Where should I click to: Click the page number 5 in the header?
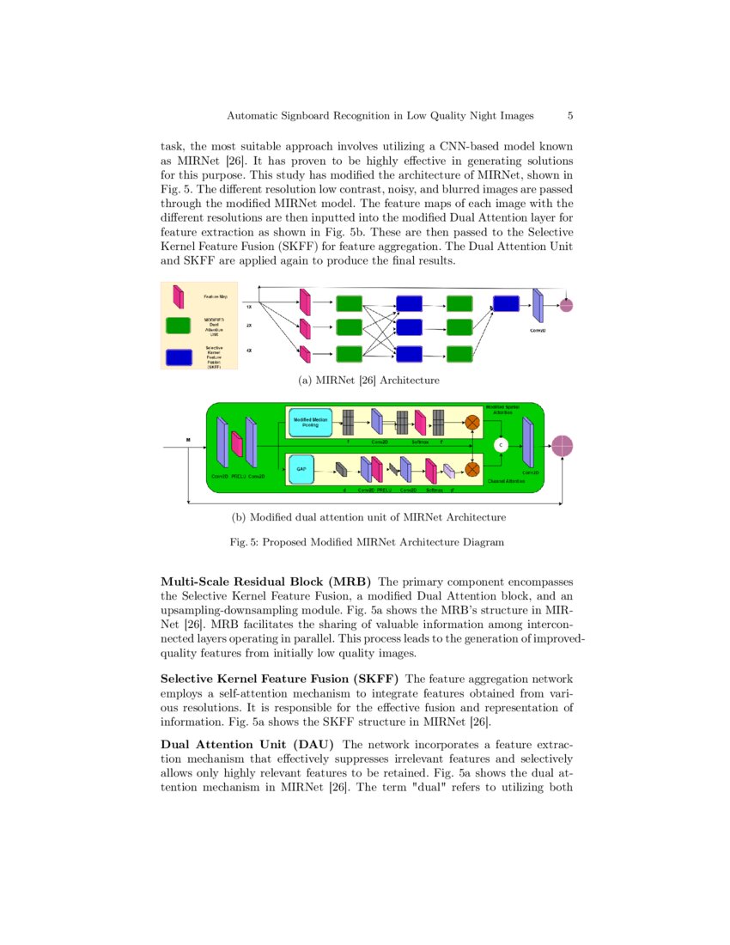click(570, 115)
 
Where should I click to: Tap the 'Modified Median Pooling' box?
click(310, 421)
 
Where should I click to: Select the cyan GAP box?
click(301, 469)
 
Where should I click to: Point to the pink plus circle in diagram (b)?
click(562, 446)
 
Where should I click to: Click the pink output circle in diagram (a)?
click(566, 305)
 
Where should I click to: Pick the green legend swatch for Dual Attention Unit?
click(178, 326)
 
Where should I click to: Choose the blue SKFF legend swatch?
click(178, 357)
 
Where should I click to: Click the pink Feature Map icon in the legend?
click(179, 296)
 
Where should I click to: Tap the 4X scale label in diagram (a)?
click(249, 351)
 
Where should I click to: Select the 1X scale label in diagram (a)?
click(249, 306)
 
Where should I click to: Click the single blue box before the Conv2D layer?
click(507, 302)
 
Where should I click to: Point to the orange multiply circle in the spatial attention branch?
click(471, 421)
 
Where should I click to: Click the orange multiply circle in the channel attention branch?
click(471, 469)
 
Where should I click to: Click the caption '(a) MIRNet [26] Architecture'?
click(367, 380)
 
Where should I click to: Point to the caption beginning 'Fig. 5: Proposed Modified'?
click(366, 542)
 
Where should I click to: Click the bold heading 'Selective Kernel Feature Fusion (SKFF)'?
click(279, 680)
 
